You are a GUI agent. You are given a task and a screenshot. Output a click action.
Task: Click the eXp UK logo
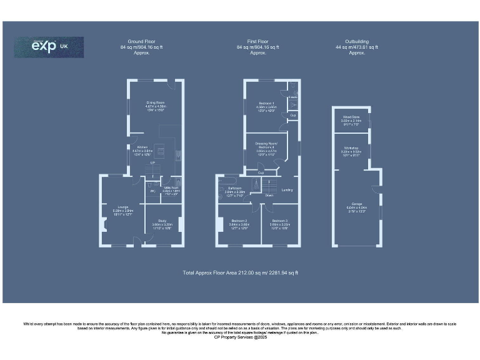point(49,47)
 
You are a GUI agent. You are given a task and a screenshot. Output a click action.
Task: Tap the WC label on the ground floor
point(152,191)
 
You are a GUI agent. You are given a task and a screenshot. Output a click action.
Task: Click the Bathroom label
point(234,189)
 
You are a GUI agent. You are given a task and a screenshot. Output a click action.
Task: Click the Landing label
point(287,190)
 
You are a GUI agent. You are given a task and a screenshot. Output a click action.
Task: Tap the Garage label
point(355,206)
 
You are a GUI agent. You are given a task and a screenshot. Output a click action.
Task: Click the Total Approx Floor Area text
point(240,272)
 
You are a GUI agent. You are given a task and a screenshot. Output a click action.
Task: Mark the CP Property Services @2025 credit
point(240,337)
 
